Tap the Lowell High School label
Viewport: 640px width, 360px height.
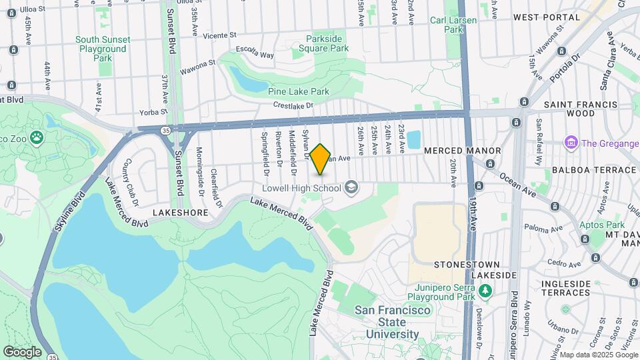coord(302,188)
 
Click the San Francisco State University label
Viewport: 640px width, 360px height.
coord(387,322)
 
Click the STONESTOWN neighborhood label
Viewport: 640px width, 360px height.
coord(465,264)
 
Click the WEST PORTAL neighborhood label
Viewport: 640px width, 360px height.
coord(547,17)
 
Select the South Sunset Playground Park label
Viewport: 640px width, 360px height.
coord(103,49)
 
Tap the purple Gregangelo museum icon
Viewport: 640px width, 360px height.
coord(571,143)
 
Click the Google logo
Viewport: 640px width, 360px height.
coord(22,351)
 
